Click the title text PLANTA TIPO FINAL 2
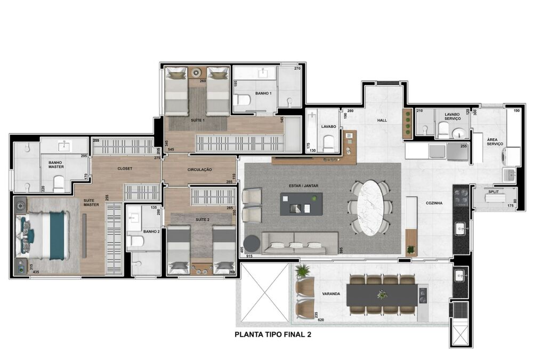tap(273, 335)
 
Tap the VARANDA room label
tap(330, 293)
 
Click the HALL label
tap(382, 121)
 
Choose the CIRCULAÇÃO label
tap(200, 170)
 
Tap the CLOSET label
tap(125, 169)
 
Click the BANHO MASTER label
tap(56, 164)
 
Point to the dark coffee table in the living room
tap(302, 204)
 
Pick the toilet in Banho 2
tap(137, 242)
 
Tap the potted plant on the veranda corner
tap(302, 271)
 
